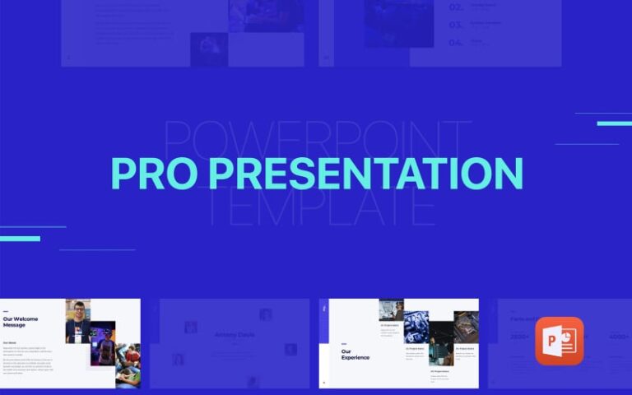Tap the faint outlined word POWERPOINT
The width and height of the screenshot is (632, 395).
[317, 137]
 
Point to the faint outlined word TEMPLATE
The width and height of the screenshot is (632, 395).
[321, 209]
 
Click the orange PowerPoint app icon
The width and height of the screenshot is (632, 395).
[559, 341]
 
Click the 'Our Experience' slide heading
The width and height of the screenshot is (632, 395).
[355, 354]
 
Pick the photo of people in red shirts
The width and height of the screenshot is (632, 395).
[128, 365]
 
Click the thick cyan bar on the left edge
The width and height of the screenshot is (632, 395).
[20, 239]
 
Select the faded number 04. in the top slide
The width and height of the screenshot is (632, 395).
[456, 42]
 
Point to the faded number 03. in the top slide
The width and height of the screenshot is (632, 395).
[456, 25]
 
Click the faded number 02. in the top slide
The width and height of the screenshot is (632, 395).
[456, 7]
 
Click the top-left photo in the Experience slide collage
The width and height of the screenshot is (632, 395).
[391, 309]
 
